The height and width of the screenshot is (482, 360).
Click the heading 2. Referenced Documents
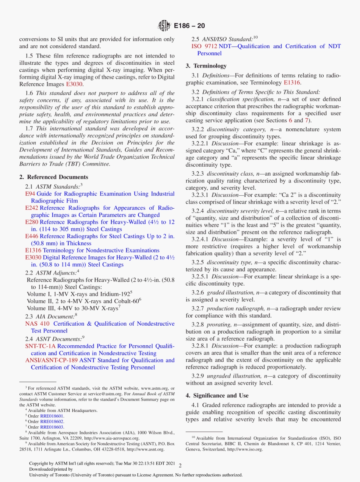pyautogui.click(x=53, y=177)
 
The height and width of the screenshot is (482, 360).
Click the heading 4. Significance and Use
pyautogui.click(x=217, y=396)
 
